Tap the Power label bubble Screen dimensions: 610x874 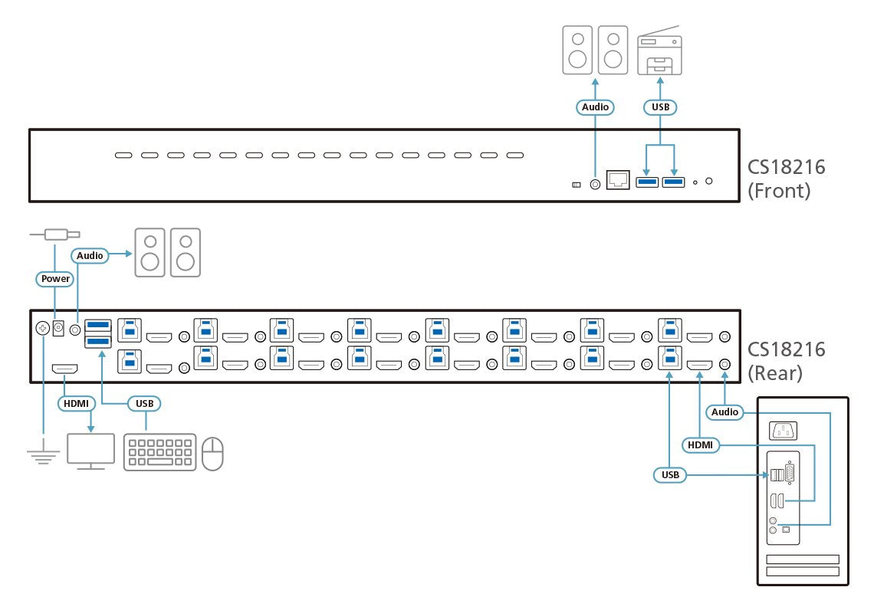55,279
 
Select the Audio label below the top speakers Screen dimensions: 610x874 595,107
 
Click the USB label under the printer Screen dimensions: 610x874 660,107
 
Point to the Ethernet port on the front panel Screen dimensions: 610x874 618,181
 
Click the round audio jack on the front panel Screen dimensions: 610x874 594,183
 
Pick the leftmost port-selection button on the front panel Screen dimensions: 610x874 123,156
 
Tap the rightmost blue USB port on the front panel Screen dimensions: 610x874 673,182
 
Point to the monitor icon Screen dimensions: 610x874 90,451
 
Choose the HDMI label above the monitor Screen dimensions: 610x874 76,402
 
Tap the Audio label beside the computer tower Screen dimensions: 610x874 724,412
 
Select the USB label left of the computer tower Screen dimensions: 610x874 670,475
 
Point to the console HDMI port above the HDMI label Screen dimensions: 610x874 64,369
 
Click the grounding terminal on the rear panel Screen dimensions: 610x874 43,329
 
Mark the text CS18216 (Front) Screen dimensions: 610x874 787,179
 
